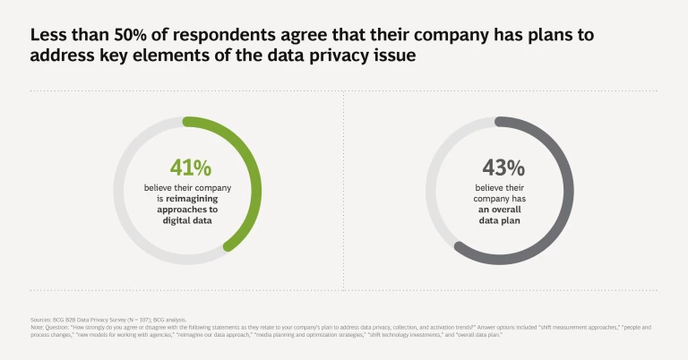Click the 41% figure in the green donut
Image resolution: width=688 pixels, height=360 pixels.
[190, 167]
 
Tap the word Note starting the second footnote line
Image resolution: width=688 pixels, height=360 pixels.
[36, 327]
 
